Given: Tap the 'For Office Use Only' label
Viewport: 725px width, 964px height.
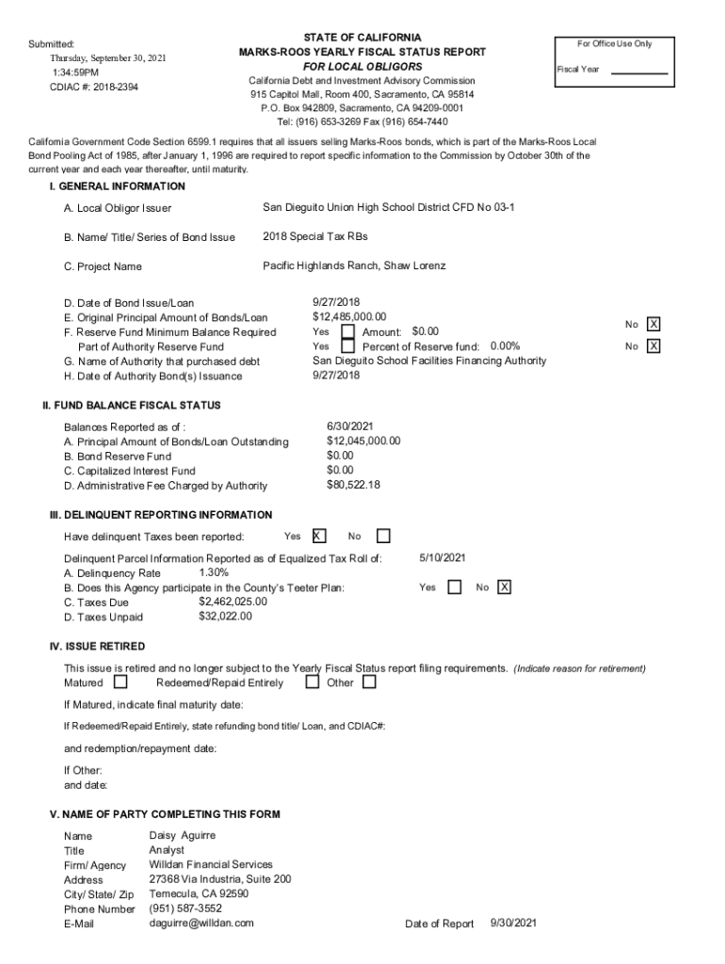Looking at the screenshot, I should (615, 44).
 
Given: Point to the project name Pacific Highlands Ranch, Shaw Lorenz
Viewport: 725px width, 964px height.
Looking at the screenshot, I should (354, 266).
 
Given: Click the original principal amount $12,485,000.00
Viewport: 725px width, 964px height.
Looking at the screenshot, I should (349, 317).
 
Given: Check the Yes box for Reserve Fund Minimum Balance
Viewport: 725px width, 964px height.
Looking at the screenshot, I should (347, 332).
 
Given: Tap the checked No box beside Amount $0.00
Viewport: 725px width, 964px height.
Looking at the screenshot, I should (653, 325).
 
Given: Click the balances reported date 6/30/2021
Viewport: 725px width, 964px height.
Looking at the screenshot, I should (350, 426).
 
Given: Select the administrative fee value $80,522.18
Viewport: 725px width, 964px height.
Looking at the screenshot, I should (353, 485).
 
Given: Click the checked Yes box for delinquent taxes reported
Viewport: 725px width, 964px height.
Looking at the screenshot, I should (319, 537).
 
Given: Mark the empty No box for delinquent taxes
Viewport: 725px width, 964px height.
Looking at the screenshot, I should (383, 537).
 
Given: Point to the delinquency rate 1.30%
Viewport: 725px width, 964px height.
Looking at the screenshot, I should (214, 572).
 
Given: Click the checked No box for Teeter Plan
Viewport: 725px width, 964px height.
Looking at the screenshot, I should (505, 587).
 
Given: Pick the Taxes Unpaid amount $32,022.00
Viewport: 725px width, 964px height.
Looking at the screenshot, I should (225, 617).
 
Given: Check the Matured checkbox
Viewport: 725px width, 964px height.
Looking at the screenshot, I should (121, 682).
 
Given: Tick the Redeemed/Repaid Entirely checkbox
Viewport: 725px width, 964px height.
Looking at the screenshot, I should (313, 682).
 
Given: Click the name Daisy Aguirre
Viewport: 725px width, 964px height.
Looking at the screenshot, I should (183, 835).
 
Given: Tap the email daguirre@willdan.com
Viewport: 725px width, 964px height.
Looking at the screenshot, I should (201, 923).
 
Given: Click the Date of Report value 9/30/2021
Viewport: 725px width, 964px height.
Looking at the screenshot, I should (513, 923).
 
